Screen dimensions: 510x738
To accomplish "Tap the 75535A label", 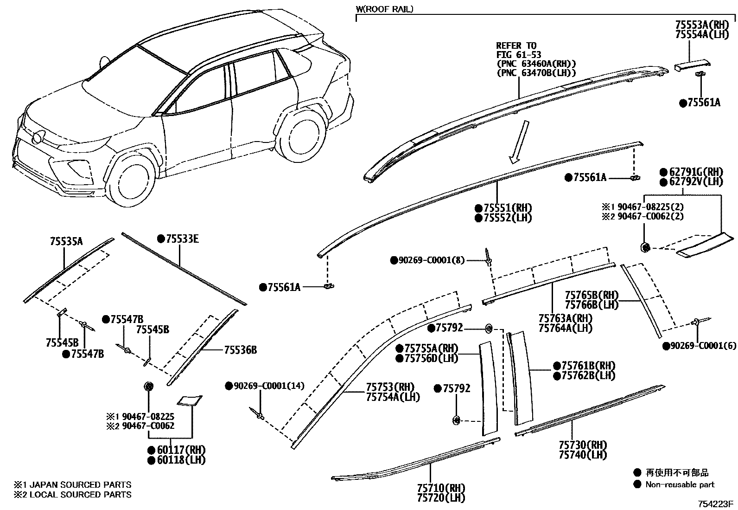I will click(66, 241).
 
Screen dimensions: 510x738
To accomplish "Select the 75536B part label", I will click(240, 350).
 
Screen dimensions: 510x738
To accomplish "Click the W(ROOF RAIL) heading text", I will click(384, 9).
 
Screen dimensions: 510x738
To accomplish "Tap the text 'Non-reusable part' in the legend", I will click(680, 484).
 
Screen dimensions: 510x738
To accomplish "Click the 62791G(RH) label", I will click(696, 172).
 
